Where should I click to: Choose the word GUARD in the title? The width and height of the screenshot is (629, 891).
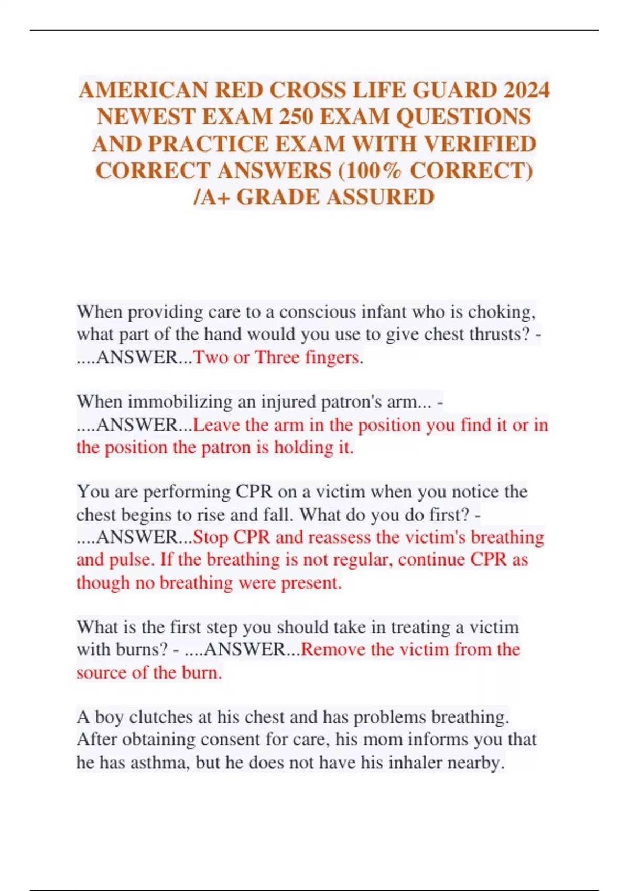coord(454,90)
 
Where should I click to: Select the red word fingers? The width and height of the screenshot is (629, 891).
coord(333,357)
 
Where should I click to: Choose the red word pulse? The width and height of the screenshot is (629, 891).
coord(131,560)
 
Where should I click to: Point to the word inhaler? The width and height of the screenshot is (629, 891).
coord(414,763)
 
